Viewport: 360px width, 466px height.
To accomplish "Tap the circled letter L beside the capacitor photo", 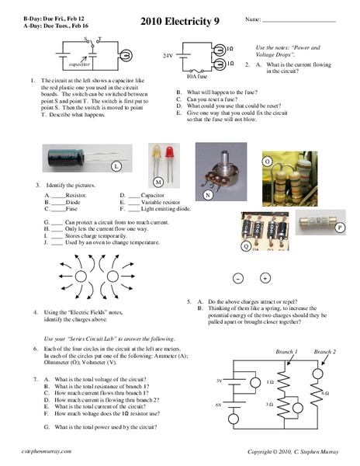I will [x=116, y=167].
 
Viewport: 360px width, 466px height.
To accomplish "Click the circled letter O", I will [x=267, y=162].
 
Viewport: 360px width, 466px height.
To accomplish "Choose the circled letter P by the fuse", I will [x=341, y=227].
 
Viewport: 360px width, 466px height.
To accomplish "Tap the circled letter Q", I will [x=246, y=245].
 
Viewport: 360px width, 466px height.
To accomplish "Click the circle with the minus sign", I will [x=238, y=278].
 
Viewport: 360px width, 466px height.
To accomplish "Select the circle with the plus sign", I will [x=265, y=278].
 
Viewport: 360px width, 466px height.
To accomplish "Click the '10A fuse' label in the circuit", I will [x=196, y=78].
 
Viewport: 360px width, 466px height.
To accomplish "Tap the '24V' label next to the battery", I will [x=168, y=57].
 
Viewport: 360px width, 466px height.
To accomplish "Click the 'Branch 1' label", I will [x=286, y=353].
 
